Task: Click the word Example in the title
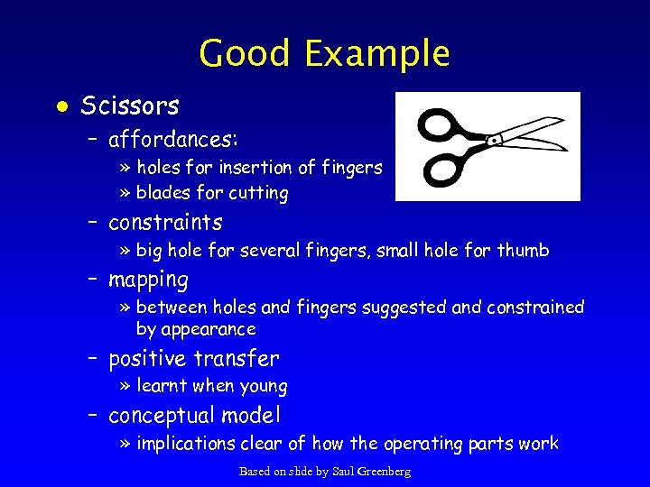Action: coord(376,54)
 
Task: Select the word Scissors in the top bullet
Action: coord(130,106)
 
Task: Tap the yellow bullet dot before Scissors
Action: coord(60,107)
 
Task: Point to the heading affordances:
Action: coord(173,140)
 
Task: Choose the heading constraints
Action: coord(165,222)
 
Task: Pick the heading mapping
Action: coord(148,280)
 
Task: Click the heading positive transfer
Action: coord(194,359)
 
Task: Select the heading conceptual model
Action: coord(194,416)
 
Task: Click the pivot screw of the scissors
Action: coord(495,141)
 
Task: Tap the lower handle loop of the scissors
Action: coord(445,168)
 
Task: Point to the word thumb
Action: coord(523,250)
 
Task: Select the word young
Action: coord(263,387)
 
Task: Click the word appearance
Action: coord(196,329)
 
